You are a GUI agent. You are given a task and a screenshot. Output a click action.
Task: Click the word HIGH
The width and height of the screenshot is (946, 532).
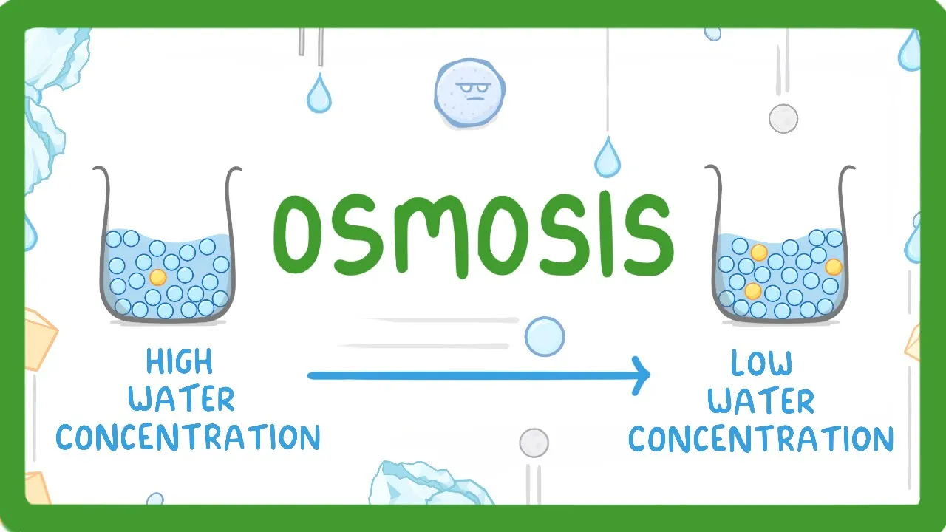point(180,362)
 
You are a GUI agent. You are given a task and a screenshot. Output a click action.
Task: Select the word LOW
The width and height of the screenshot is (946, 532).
point(761,363)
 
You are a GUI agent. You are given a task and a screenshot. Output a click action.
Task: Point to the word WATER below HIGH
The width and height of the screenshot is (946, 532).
point(182,400)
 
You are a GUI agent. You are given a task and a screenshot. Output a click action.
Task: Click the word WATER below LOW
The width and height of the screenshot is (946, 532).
point(761,401)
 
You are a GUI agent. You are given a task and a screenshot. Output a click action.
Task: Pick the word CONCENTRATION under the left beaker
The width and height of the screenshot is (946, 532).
point(188,437)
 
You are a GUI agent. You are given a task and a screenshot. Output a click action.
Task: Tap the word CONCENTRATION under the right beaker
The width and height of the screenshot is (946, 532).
point(761,439)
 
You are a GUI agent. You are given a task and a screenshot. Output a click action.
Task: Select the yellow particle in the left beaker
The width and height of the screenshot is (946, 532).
point(157,277)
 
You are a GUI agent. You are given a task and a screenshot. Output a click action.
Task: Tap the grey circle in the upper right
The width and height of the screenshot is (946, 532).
point(783,118)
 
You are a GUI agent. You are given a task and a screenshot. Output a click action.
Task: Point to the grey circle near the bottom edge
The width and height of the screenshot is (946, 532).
point(534,443)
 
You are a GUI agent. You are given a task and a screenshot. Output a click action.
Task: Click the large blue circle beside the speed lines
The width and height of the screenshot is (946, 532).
point(545,337)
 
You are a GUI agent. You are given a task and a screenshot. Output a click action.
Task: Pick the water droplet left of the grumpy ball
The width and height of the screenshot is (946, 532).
point(319,94)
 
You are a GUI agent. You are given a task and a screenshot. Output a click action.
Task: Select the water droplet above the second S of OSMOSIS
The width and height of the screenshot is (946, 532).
point(608,157)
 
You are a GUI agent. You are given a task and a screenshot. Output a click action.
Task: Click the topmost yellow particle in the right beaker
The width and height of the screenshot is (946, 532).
point(759,253)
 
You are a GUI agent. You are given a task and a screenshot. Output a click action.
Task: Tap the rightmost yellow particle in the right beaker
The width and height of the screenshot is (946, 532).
point(834,267)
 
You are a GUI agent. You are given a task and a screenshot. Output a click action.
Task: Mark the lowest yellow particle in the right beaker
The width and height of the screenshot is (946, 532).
point(753,291)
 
